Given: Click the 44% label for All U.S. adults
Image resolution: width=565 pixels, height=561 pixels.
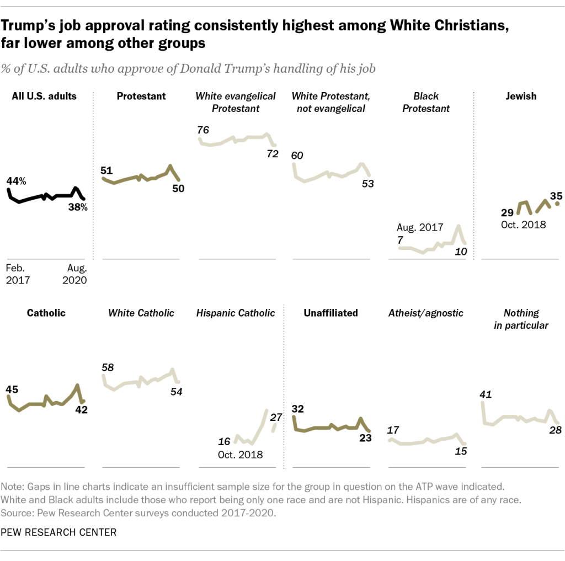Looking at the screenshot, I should click(15, 180).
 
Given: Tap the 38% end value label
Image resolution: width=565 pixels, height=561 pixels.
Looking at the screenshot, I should click(78, 208).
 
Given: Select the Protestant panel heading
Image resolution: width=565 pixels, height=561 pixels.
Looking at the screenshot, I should click(141, 97).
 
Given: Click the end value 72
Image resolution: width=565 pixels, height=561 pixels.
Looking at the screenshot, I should click(273, 154).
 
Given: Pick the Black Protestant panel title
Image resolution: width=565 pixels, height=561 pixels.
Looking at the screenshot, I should click(426, 102).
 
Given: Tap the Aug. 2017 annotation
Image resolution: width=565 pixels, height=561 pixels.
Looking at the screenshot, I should click(420, 227).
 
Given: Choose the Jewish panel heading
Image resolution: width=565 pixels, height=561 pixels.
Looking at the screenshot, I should click(520, 97).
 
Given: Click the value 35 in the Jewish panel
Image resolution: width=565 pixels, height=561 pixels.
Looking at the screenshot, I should click(556, 195).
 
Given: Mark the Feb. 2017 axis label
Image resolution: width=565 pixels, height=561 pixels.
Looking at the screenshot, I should click(18, 274).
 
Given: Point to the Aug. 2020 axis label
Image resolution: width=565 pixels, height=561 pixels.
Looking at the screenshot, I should click(76, 274).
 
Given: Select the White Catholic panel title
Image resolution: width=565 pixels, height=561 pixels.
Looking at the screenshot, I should click(141, 313).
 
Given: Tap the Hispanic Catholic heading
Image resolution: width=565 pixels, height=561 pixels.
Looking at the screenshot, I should click(236, 313).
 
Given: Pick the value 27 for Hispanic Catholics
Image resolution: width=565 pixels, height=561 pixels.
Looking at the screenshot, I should click(276, 417).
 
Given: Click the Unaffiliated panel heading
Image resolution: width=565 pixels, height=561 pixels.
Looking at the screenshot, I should click(331, 313).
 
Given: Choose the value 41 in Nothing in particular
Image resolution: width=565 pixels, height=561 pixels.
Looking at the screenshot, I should click(486, 394).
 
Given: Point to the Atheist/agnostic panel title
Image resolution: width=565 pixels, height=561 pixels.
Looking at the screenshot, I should click(426, 313).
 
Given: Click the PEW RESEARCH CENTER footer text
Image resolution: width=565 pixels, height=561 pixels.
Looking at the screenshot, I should click(58, 532).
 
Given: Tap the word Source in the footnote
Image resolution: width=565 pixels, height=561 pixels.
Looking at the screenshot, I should click(15, 512).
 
